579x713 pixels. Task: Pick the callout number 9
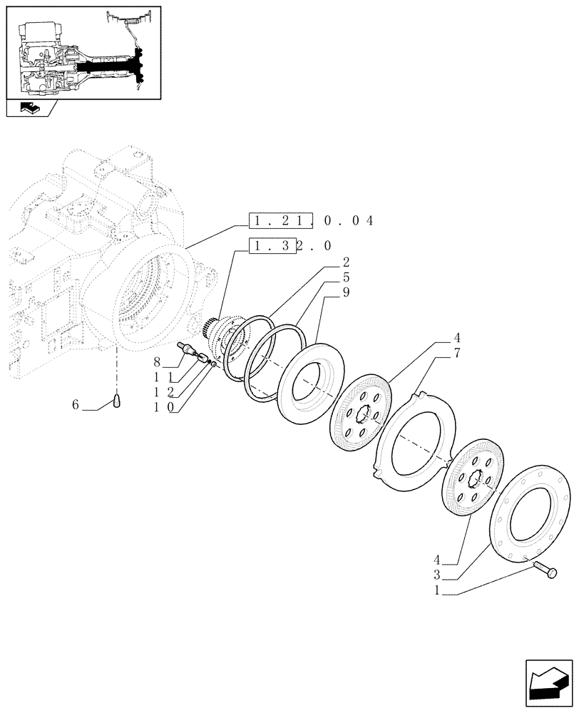click(x=346, y=292)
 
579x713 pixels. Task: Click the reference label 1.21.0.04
click(x=311, y=220)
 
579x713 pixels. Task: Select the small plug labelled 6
click(x=118, y=403)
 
